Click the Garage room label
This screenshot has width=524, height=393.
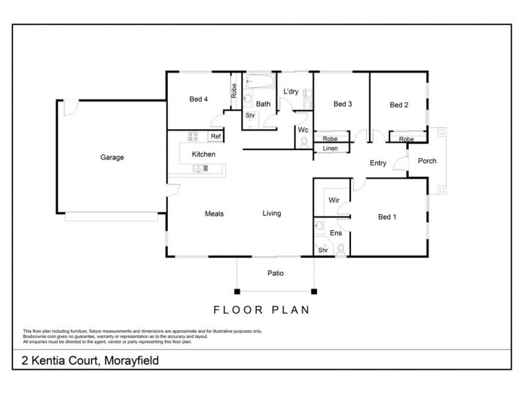[112, 157]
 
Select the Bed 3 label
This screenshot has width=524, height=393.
[343, 104]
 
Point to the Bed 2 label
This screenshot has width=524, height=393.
[399, 105]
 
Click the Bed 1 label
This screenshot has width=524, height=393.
[387, 217]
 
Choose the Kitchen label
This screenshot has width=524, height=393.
[203, 155]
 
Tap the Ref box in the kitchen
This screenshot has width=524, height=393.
[215, 136]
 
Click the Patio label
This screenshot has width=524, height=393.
[275, 273]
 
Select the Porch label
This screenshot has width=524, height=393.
[426, 161]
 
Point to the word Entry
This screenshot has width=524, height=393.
[378, 163]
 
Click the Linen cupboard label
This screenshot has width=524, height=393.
[330, 149]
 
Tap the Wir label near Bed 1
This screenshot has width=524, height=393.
[333, 200]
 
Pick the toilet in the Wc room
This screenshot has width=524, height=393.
[305, 141]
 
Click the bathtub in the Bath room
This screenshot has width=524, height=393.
[259, 82]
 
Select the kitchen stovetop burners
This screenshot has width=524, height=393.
[194, 136]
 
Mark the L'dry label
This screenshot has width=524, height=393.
[291, 91]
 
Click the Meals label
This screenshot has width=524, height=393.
[214, 214]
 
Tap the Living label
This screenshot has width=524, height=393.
[272, 214]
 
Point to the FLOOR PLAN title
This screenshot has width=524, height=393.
[262, 310]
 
